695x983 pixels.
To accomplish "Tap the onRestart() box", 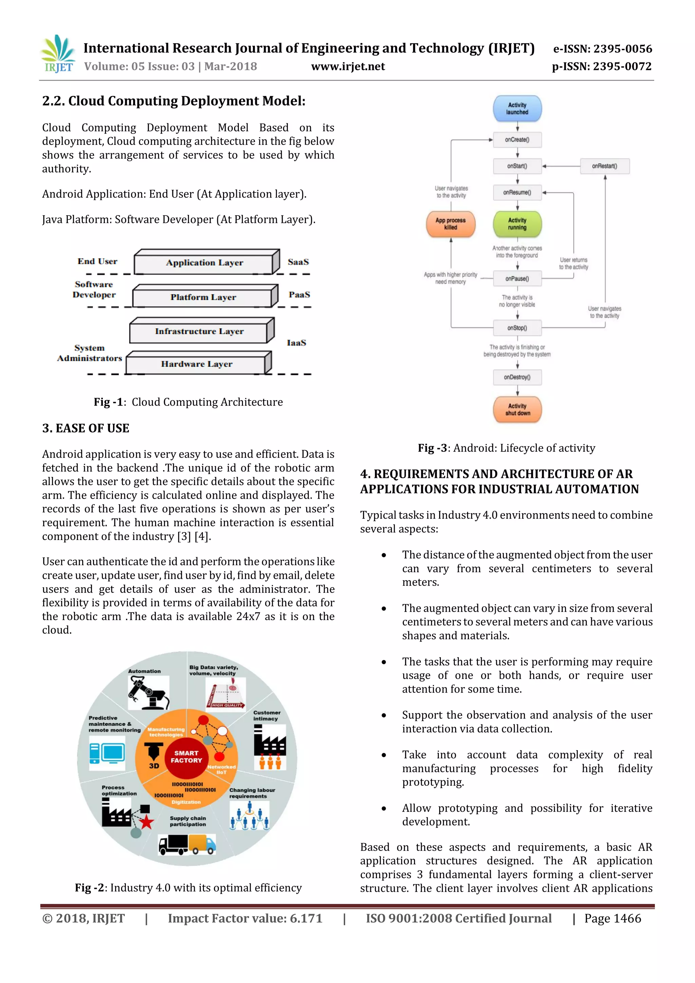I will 604,166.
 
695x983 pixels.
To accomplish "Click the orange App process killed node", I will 451,224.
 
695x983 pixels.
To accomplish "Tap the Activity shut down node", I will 518,410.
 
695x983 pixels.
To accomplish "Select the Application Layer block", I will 205,263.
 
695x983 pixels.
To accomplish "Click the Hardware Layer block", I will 197,364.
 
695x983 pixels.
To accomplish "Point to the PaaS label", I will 299,295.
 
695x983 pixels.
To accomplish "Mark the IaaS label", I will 296,342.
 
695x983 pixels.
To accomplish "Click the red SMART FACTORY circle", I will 186,757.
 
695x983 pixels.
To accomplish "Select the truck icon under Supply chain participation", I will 187,845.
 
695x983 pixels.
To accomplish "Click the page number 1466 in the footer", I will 613,919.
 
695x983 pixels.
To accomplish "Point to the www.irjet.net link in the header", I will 348,67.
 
